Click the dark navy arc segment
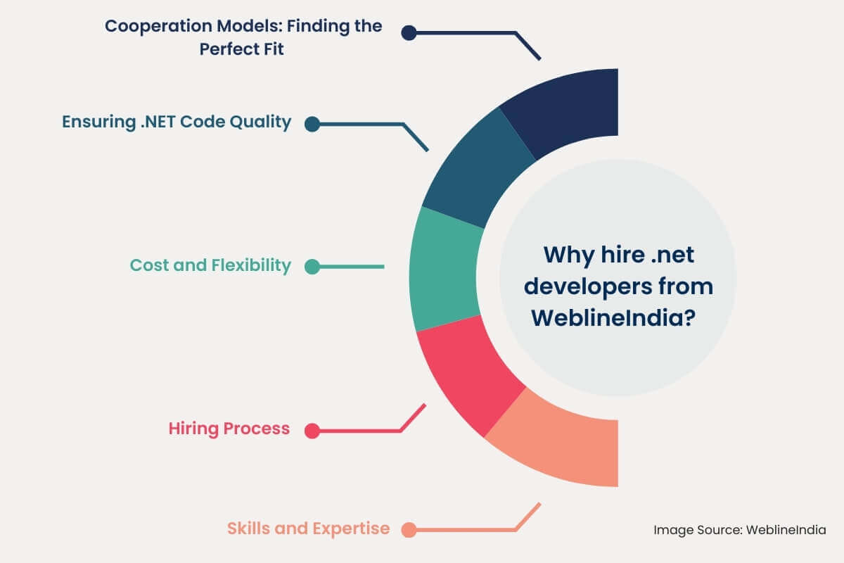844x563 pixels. pos(563,113)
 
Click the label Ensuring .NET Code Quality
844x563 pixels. pos(177,122)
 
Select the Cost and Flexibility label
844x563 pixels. pos(210,265)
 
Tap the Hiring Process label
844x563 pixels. pos(229,429)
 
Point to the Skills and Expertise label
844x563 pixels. pos(308,529)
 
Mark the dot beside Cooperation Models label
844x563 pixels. pos(409,32)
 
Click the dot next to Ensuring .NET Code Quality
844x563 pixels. pos(312,124)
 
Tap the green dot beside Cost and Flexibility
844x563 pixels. pos(312,267)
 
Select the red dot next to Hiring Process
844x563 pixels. pos(312,431)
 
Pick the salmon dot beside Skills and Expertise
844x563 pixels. pos(409,529)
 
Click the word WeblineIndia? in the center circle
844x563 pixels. pos(614,318)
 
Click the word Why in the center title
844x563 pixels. pos(567,254)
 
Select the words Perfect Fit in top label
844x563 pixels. pos(242,50)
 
